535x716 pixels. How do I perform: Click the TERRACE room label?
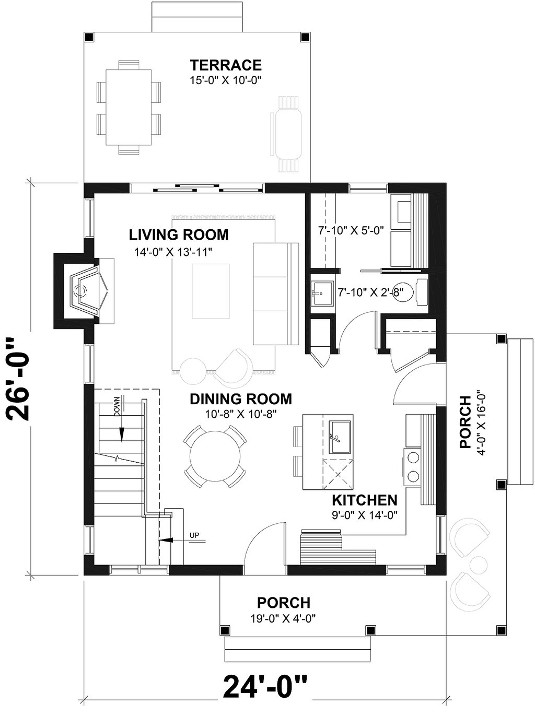tap(226, 65)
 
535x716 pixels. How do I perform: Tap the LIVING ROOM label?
tap(179, 235)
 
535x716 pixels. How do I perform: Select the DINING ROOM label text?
tap(241, 399)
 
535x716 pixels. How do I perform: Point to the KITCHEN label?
tap(364, 500)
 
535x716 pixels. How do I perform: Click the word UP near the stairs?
tap(194, 535)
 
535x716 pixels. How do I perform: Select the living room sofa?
tap(276, 294)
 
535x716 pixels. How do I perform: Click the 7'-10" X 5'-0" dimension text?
tap(351, 231)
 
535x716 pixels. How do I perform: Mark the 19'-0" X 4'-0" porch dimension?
tap(283, 618)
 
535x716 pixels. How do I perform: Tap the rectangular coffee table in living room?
tap(211, 291)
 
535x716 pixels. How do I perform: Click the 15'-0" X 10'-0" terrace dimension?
tap(226, 80)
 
